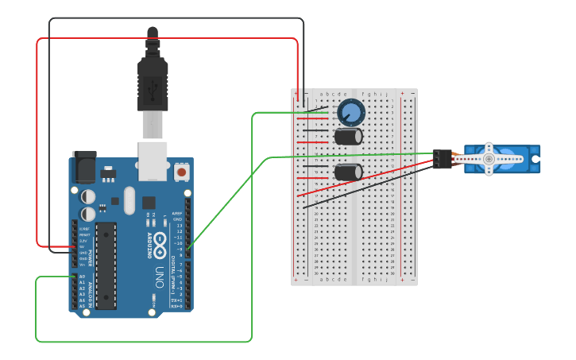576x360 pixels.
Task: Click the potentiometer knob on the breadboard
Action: coord(350,112)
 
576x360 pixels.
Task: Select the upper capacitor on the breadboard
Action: coord(348,137)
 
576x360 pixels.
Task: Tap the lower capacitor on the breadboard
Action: coord(348,172)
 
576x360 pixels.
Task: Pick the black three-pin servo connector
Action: coord(442,159)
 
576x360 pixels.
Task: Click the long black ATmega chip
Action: coord(106,265)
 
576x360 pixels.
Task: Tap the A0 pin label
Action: coord(82,277)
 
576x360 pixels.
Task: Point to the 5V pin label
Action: coord(83,246)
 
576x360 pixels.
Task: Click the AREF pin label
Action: coord(177,213)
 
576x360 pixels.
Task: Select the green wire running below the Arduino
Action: coord(143,342)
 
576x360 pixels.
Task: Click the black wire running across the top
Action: coord(175,18)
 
